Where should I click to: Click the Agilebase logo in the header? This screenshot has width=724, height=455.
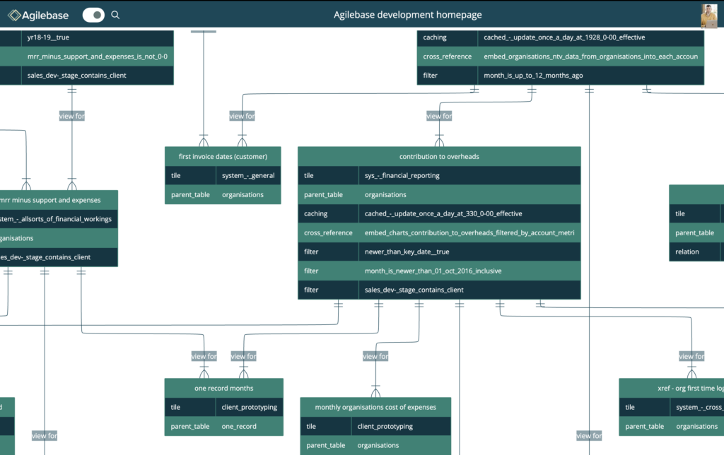[x=38, y=15]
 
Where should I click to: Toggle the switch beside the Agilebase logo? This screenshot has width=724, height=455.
[x=93, y=15]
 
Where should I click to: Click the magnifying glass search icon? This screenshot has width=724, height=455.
[x=116, y=15]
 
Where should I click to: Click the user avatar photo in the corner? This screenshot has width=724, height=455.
[x=708, y=16]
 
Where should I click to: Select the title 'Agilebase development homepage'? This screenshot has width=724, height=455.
[x=408, y=15]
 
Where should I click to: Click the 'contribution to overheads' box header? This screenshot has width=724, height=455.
[x=439, y=156]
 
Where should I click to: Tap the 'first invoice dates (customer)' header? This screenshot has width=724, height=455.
[x=223, y=156]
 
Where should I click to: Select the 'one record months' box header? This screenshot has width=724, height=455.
[x=223, y=388]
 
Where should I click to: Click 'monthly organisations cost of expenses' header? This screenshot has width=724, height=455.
[x=375, y=407]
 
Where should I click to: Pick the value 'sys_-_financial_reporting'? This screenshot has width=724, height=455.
[x=402, y=175]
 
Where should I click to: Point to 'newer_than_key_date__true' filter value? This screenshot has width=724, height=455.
[x=407, y=252]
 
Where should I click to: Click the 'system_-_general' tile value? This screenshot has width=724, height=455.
[x=247, y=176]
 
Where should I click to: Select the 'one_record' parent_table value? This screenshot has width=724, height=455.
[x=239, y=426]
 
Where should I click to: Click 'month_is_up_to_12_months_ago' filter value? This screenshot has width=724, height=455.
[x=533, y=75]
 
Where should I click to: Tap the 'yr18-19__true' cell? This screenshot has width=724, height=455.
[x=47, y=37]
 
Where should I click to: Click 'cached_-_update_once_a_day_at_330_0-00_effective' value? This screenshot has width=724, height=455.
[x=443, y=213]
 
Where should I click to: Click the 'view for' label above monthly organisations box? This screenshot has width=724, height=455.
[x=375, y=357]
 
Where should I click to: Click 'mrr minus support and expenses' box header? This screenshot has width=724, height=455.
[x=51, y=200]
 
